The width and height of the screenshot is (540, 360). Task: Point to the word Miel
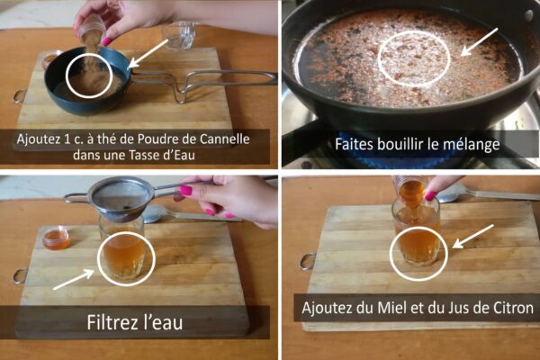[391, 307]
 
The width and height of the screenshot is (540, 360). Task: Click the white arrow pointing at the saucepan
[148, 53]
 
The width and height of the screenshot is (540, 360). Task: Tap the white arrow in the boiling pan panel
[479, 42]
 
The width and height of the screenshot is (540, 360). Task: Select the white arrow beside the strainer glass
[74, 280]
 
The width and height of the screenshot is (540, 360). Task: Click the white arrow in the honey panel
[472, 236]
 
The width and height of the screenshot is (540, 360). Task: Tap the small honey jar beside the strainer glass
[56, 238]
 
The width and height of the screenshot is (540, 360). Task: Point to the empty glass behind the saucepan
[179, 35]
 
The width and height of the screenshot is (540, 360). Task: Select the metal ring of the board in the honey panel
[307, 261]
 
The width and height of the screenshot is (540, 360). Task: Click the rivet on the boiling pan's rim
[528, 14]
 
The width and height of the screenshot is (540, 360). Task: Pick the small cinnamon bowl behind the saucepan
[50, 59]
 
